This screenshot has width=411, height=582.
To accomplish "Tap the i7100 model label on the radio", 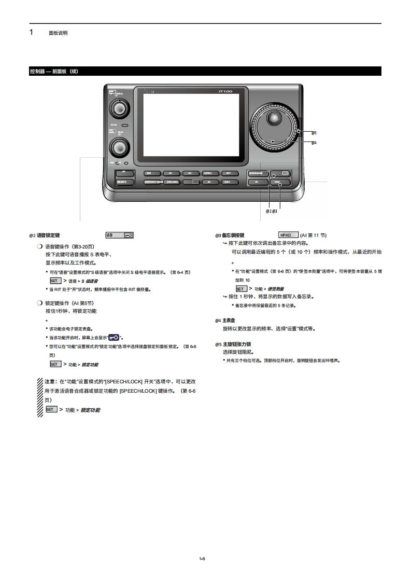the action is [x=225, y=92].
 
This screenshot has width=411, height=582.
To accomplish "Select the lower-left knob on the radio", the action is [x=119, y=147].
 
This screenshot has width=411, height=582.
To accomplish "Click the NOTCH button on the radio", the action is [x=208, y=173].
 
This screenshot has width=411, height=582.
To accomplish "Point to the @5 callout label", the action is [x=314, y=133].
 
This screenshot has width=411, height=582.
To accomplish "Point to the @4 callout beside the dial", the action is [x=314, y=143].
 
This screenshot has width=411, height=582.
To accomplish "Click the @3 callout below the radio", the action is [x=275, y=211].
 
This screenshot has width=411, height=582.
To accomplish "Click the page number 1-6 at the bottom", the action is [x=202, y=558].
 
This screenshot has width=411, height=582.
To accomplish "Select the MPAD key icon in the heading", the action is [x=288, y=235].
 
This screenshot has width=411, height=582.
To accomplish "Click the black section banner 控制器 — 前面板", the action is [x=205, y=71].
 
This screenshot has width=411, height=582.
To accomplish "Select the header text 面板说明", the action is [x=58, y=33].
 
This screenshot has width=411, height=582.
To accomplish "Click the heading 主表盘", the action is [x=229, y=321].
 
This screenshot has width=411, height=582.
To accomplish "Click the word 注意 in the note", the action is [x=50, y=381].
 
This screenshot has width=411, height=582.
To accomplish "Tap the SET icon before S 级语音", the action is [x=55, y=281].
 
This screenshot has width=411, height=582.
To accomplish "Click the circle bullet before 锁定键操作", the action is [x=39, y=303].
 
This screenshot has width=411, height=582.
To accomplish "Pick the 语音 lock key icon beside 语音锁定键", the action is [x=120, y=235].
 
